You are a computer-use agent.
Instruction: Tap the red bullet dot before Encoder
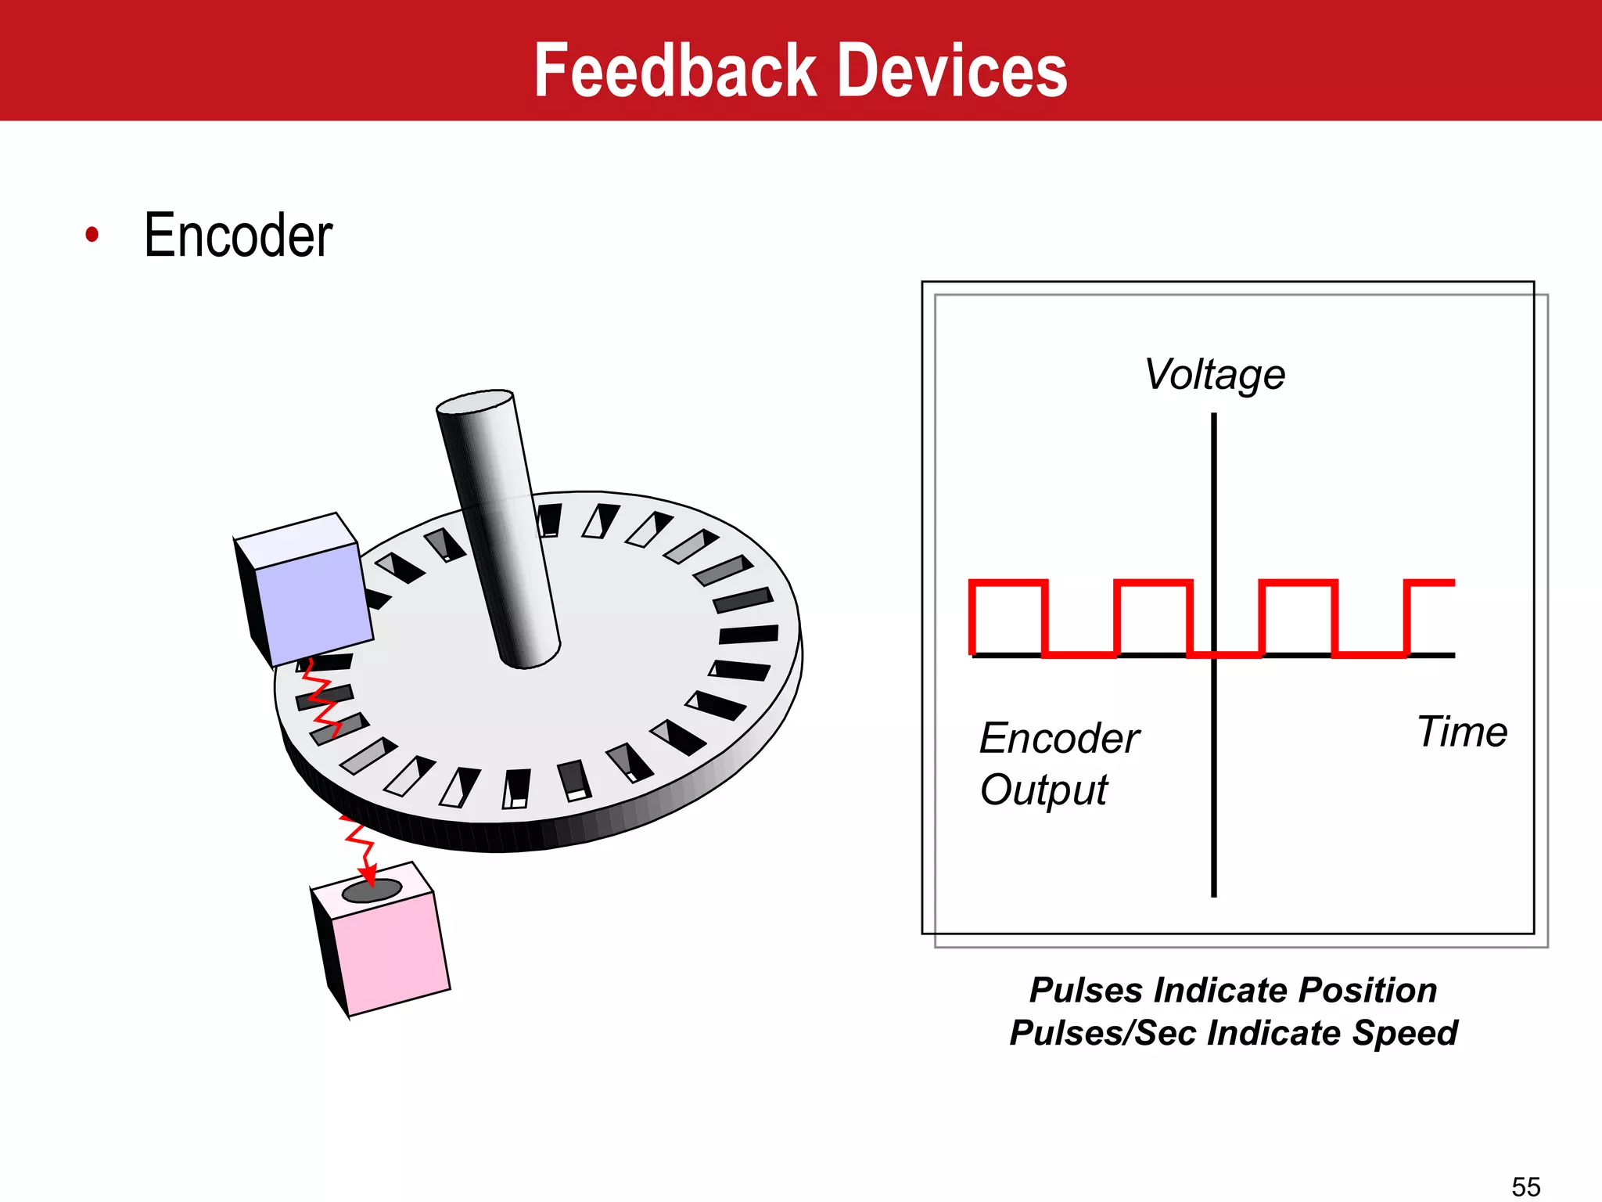point(92,234)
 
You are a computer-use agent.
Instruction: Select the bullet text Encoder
point(238,236)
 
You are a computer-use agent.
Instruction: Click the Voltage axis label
point(1214,375)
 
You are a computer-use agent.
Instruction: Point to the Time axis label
point(1461,732)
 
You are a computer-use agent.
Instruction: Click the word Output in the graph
point(1043,790)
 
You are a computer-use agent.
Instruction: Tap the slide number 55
point(1525,1186)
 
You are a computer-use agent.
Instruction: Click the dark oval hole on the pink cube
point(372,891)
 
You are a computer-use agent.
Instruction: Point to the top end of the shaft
point(475,401)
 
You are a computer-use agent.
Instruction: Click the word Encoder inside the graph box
point(1059,739)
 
